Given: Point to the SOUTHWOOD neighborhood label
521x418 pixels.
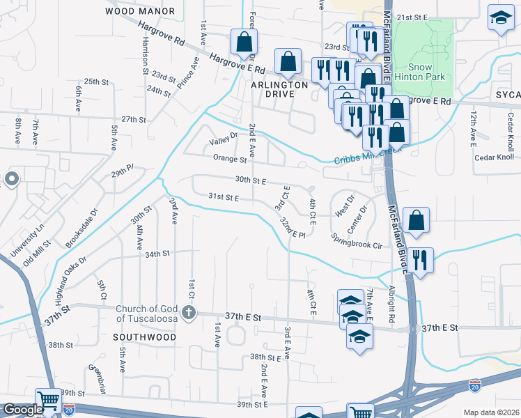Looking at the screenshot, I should click(145, 337).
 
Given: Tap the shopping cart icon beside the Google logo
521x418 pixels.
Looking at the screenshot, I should click(49, 401).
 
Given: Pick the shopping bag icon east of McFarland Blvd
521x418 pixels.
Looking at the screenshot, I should click(416, 220).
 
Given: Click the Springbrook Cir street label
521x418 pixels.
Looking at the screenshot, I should click(357, 241).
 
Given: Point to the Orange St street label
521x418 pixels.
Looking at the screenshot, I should click(230, 160).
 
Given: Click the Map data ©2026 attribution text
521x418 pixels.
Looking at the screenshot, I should click(491, 412).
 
